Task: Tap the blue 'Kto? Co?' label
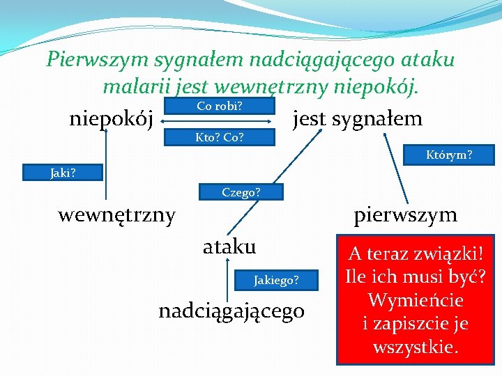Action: pyautogui.click(x=219, y=137)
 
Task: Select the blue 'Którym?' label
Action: pyautogui.click(x=449, y=155)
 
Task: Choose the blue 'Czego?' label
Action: pyautogui.click(x=241, y=192)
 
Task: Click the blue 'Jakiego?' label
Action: pyautogui.click(x=276, y=280)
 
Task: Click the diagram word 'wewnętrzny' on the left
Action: pyautogui.click(x=116, y=214)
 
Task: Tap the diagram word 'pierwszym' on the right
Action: pyautogui.click(x=405, y=214)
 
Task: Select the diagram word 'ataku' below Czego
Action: pyautogui.click(x=229, y=246)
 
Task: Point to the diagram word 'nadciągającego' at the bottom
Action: pyautogui.click(x=231, y=310)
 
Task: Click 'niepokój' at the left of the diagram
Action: pyautogui.click(x=112, y=119)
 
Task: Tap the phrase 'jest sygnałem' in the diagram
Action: pyautogui.click(x=357, y=119)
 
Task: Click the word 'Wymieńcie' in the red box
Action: pyautogui.click(x=416, y=301)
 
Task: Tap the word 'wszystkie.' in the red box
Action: pyautogui.click(x=416, y=347)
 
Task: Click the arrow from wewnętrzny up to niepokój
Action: pyautogui.click(x=107, y=167)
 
